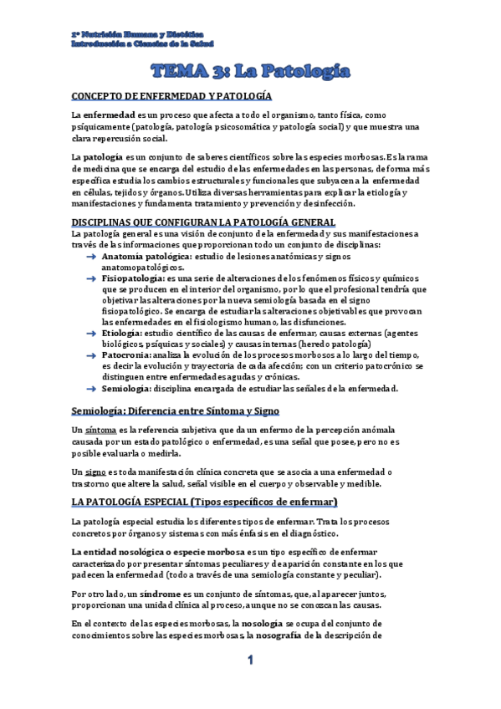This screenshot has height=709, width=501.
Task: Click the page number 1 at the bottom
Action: (249, 661)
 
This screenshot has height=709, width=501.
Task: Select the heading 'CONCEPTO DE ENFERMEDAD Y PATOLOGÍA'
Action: (171, 96)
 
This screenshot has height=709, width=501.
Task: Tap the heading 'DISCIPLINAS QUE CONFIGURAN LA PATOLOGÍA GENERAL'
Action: (204, 221)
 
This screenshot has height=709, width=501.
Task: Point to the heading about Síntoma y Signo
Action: (176, 411)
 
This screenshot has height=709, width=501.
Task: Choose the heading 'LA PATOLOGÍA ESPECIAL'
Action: (204, 502)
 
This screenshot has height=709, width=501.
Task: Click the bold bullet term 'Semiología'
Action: (126, 388)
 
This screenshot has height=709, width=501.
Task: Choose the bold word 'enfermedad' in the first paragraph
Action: (109, 114)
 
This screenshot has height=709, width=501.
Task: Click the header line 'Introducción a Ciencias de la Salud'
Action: (142, 42)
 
